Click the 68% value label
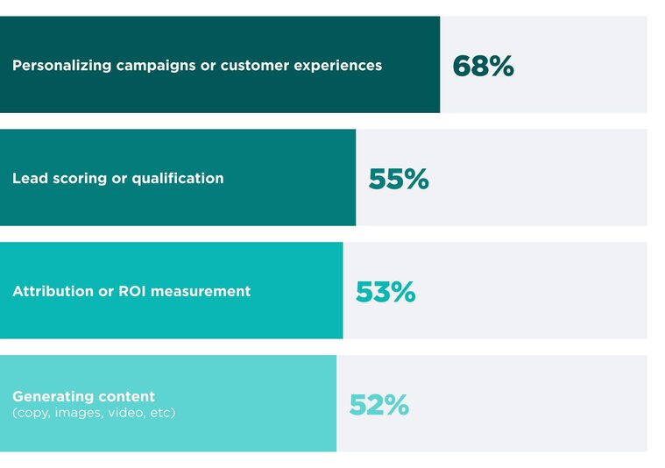tap(483, 66)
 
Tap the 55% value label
tap(399, 179)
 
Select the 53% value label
tap(386, 292)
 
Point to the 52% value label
tap(378, 405)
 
